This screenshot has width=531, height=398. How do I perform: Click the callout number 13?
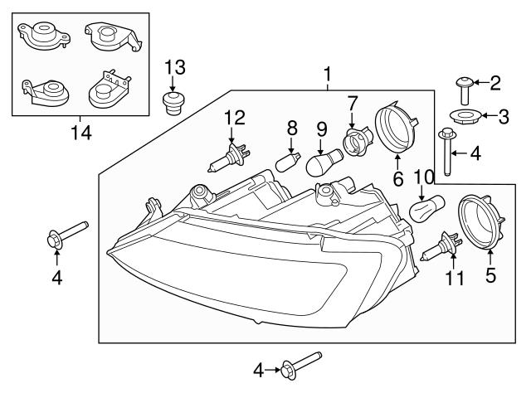(175, 67)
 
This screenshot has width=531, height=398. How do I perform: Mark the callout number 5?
(490, 275)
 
